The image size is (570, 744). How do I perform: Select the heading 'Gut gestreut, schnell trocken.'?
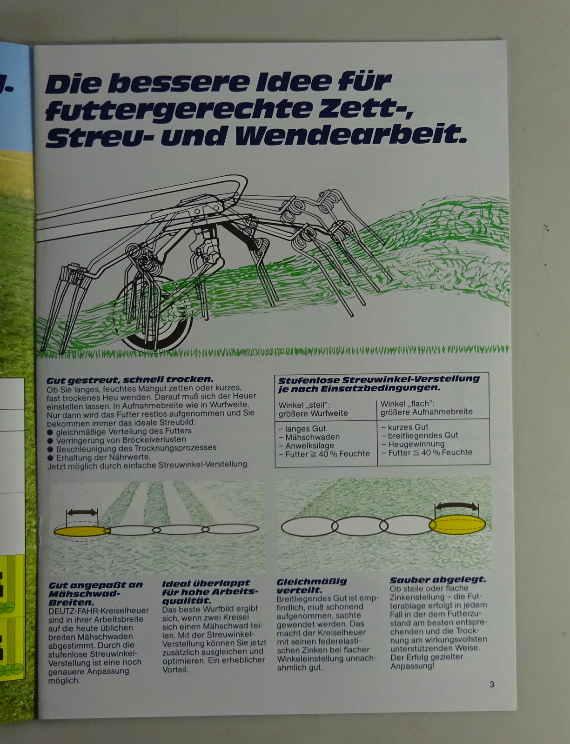pyautogui.click(x=130, y=380)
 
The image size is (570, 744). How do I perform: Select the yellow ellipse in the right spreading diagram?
pyautogui.click(x=458, y=525)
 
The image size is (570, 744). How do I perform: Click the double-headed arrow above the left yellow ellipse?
pyautogui.click(x=82, y=512)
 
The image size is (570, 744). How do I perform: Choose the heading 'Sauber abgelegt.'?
pyautogui.click(x=438, y=580)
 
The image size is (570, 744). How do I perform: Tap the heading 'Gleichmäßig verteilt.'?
pyautogui.click(x=312, y=586)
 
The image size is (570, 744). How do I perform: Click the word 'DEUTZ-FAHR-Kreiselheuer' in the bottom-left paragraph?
pyautogui.click(x=99, y=611)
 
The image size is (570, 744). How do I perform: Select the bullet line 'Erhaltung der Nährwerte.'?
pyautogui.click(x=99, y=457)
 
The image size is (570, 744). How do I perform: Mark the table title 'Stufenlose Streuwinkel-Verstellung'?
pyautogui.click(x=379, y=380)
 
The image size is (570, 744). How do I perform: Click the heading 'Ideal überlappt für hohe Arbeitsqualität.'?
pyautogui.click(x=210, y=592)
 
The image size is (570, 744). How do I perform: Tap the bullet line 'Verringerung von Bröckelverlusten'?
pyautogui.click(x=117, y=439)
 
